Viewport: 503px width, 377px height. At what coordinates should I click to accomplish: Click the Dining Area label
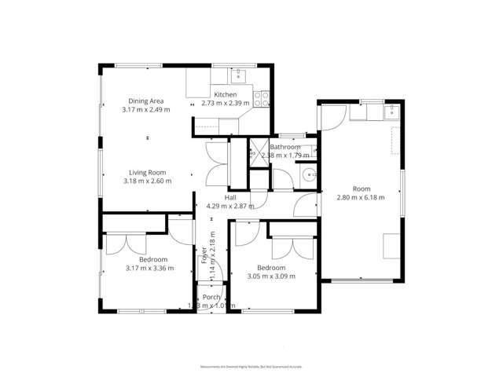pos(147,101)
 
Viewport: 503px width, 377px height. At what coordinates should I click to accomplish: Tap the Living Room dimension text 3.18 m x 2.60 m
pos(147,181)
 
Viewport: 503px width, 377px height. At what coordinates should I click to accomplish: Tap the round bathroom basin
pos(310,177)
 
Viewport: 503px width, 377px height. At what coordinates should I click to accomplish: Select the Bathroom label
pos(285,147)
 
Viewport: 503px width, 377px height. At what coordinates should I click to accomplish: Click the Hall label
pos(231,197)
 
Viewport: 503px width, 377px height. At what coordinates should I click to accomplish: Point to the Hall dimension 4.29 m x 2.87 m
pos(231,206)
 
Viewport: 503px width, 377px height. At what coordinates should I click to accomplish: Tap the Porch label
pos(211,297)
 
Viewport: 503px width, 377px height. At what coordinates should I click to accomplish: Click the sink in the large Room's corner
pos(390,112)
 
